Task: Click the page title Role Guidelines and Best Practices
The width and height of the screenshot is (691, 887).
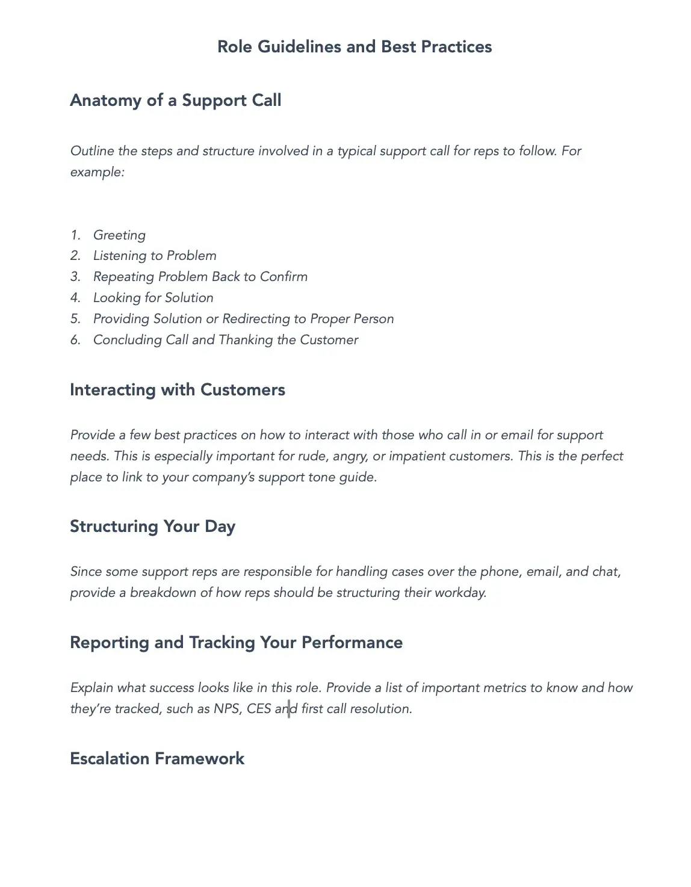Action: pos(355,47)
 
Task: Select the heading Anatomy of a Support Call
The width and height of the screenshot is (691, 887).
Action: pos(175,100)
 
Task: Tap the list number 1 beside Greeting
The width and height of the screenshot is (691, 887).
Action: pos(75,235)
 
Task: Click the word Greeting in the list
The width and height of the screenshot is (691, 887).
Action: pos(119,235)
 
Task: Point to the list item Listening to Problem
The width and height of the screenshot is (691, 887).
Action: pos(155,256)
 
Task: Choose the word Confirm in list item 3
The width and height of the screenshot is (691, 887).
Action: pos(284,277)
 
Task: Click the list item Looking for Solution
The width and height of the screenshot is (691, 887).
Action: pos(153,298)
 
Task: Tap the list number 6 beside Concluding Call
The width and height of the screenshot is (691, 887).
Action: pos(75,340)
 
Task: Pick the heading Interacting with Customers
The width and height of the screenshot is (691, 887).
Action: pos(178,390)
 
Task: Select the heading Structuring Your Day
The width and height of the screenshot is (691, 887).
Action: pos(152,527)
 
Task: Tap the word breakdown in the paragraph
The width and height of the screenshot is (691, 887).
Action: pos(163,593)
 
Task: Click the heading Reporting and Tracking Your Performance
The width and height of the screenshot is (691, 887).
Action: pos(236,643)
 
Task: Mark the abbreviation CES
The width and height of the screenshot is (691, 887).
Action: pos(259,709)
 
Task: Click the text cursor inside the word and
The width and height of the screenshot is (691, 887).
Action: pos(289,709)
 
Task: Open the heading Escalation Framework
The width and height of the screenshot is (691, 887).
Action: pos(157,759)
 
